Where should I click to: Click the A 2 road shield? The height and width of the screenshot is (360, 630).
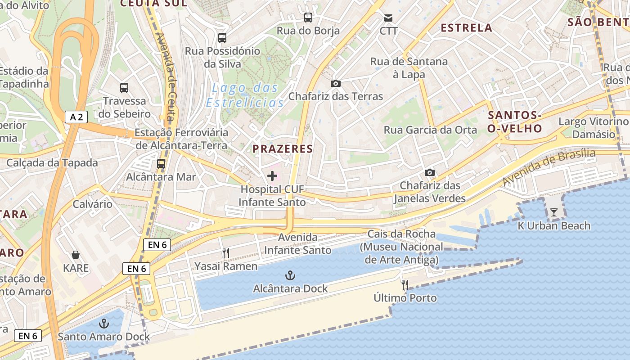point(76,117)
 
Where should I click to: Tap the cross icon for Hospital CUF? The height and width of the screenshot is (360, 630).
point(272,176)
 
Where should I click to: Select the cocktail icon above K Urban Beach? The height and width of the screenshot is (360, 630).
point(554,212)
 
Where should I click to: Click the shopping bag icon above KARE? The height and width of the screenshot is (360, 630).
point(76,255)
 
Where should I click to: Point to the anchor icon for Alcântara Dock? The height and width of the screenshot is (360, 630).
point(290,275)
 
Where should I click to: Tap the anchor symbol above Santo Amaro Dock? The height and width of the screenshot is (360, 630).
point(104,324)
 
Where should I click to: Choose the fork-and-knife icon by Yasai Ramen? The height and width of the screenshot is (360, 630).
point(226,253)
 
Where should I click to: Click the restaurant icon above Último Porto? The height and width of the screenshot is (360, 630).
point(405,284)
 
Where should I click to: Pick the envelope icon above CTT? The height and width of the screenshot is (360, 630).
point(388,18)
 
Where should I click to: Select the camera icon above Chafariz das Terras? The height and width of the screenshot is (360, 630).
point(335,83)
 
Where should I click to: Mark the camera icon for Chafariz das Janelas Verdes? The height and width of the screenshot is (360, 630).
point(430,172)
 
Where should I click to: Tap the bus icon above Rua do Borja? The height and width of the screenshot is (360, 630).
point(308,18)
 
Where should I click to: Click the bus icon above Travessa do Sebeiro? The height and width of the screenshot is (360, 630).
point(124,88)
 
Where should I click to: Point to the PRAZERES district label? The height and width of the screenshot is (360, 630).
point(283,149)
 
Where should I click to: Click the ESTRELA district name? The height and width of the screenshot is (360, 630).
point(466,28)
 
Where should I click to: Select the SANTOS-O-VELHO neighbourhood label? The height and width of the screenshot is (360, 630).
point(515,122)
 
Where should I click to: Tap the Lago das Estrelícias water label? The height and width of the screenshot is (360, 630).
point(245,95)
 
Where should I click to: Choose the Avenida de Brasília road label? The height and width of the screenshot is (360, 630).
point(549,167)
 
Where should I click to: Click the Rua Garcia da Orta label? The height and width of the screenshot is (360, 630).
point(430,130)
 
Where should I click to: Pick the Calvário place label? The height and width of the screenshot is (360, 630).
point(92,204)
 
